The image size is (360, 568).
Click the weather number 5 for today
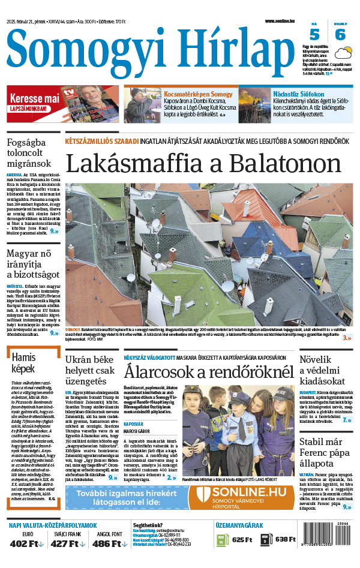click(x=314, y=34)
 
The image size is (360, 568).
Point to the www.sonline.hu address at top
click(x=280, y=20)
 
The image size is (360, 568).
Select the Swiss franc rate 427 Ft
click(x=68, y=543)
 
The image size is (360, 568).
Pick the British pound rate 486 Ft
click(x=109, y=543)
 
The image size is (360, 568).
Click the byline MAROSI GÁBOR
click(x=139, y=431)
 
